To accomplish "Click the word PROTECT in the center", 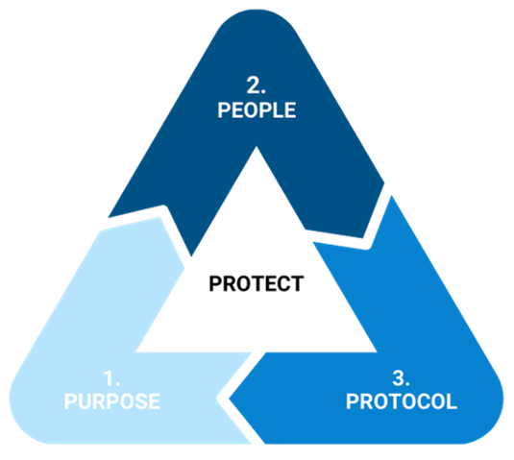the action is coord(256,283).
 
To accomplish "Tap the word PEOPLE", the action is coord(257,110).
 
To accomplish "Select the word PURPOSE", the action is coord(112,401).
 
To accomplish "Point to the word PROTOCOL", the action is coord(402,401).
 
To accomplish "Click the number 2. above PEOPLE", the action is coord(256,85).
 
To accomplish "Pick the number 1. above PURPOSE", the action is coord(111,378).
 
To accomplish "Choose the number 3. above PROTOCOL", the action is coord(401,378).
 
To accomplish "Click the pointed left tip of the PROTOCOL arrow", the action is coord(229,399).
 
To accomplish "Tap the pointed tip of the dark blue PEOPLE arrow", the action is coord(363,238).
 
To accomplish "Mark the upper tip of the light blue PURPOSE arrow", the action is coord(160,218).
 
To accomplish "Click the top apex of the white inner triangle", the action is coord(257,147).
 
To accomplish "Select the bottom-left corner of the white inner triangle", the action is coord(136,352).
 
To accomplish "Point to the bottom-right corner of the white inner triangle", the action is coord(377,352).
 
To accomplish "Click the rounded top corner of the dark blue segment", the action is coord(257,13).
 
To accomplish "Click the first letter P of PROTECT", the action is coord(215,283).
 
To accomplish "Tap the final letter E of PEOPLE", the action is coord(290,110).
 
